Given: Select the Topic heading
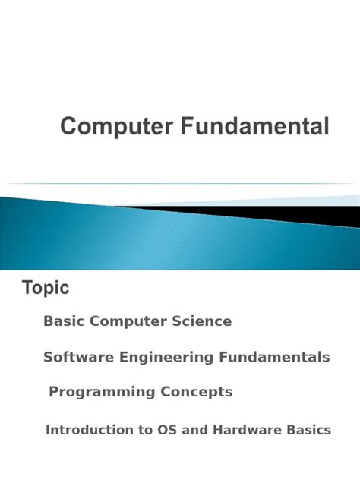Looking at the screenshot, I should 46,288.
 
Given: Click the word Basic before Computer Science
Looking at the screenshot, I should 64,321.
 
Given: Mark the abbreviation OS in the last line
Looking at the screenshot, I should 166,430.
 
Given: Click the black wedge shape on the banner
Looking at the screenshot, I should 304,214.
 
